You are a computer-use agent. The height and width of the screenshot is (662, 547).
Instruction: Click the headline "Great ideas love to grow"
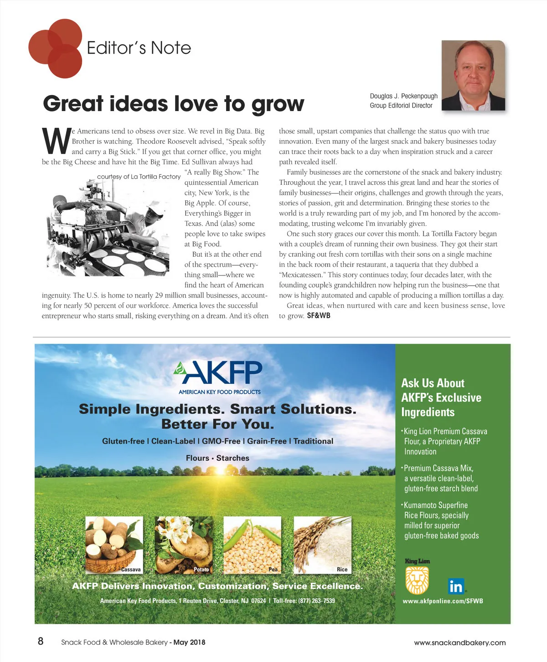[x=173, y=104]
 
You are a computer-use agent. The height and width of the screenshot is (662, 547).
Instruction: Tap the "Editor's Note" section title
[x=139, y=48]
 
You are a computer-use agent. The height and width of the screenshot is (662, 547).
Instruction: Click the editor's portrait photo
[x=473, y=75]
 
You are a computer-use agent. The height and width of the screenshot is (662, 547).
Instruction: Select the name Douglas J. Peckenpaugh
[x=403, y=96]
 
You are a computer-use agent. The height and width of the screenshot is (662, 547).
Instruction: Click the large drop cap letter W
[x=56, y=141]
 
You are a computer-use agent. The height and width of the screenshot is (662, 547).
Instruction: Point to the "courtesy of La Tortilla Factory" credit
[x=139, y=177]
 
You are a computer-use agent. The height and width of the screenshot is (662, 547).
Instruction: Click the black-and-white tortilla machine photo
[x=109, y=228]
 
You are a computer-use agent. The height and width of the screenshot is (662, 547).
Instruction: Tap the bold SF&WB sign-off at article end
[x=319, y=316]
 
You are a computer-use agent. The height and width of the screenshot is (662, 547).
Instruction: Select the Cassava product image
[x=114, y=544]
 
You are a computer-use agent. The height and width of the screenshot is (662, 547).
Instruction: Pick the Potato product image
[x=184, y=544]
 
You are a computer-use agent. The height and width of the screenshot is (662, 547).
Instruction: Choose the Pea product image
[x=253, y=544]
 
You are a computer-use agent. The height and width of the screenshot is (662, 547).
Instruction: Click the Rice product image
[x=322, y=544]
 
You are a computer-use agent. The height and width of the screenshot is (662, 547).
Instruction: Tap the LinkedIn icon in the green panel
[x=456, y=586]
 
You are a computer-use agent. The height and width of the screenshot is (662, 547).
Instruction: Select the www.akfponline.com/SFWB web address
[x=443, y=601]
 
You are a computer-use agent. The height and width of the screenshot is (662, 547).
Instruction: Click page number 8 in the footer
[x=41, y=642]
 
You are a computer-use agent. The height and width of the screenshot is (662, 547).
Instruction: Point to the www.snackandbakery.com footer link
[x=459, y=643]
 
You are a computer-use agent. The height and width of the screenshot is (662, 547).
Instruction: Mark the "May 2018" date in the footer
[x=189, y=642]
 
